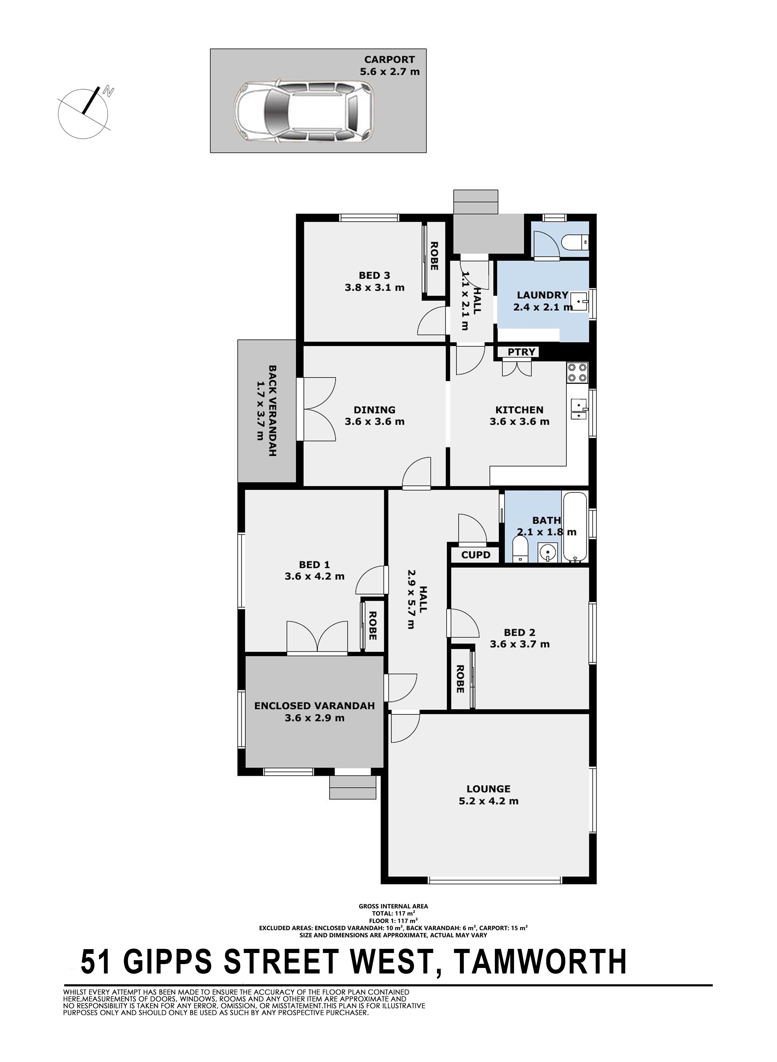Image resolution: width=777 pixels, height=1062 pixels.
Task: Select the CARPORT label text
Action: [x=389, y=60]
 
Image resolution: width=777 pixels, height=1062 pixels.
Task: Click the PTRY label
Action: [x=522, y=352]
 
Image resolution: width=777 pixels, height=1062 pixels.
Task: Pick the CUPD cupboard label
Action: [x=475, y=555]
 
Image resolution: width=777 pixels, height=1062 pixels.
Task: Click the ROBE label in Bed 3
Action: [x=434, y=256]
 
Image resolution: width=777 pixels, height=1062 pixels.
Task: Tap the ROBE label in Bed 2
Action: [x=460, y=679]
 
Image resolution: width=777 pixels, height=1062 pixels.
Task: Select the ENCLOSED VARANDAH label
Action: [x=314, y=706]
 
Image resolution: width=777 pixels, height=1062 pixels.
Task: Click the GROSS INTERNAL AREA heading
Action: [x=393, y=906]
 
